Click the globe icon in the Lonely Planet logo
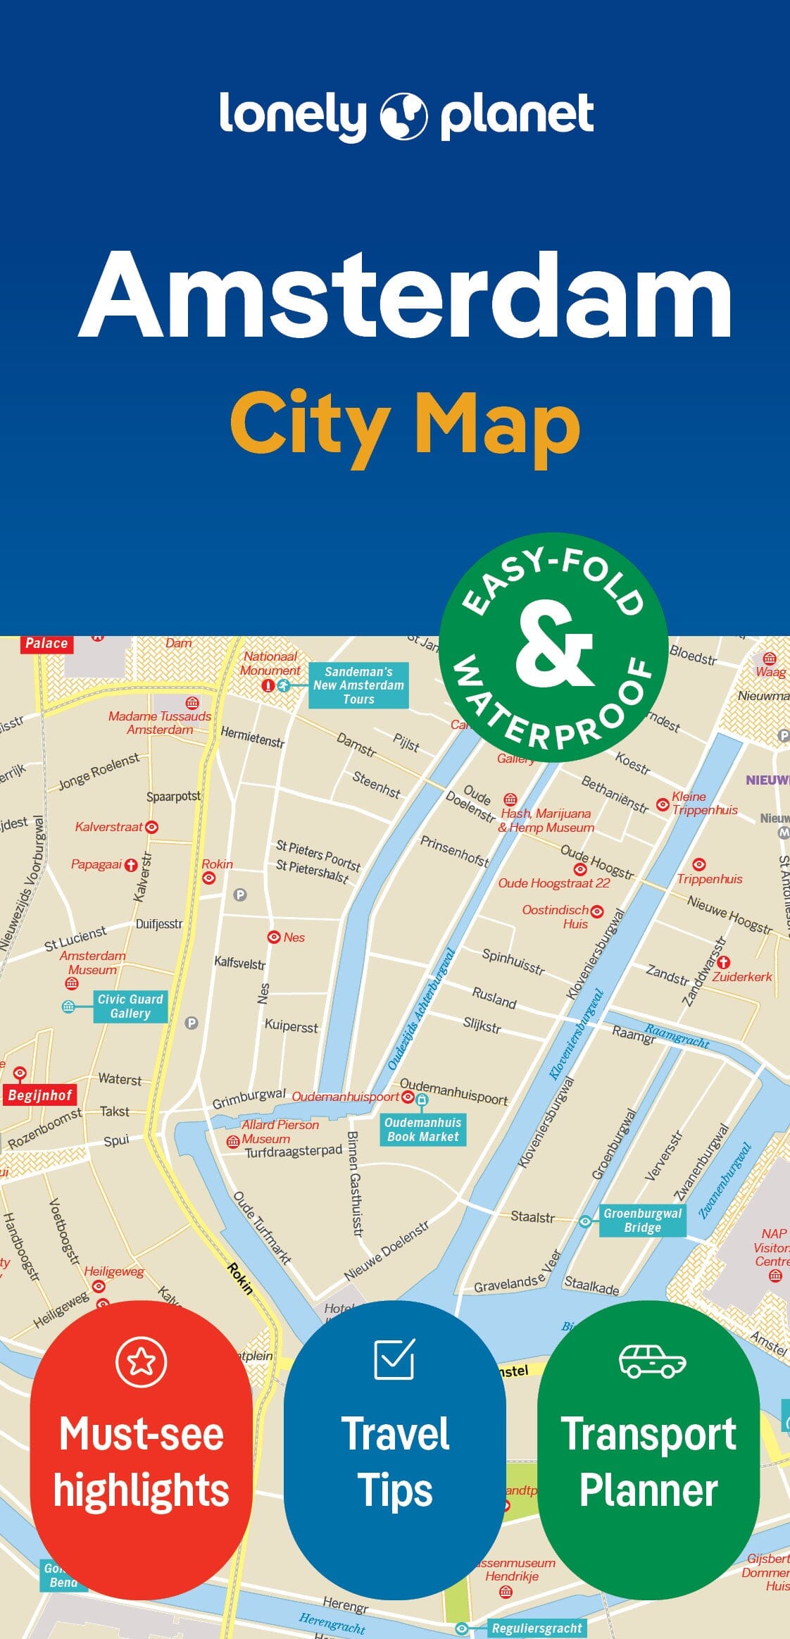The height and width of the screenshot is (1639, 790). point(404,116)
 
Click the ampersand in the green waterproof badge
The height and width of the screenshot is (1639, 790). point(554,646)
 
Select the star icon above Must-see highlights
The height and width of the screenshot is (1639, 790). point(142,1361)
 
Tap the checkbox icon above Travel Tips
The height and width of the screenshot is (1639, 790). point(394,1359)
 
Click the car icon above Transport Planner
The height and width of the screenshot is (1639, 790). point(652,1361)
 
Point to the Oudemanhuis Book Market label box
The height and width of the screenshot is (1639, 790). point(422,1129)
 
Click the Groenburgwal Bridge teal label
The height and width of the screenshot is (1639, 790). point(642,1220)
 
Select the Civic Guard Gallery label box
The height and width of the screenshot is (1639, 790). point(130,1006)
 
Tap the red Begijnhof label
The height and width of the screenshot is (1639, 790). point(40,1095)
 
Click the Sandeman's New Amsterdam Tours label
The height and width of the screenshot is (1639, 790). point(358,685)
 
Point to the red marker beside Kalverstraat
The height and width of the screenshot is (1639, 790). point(151,827)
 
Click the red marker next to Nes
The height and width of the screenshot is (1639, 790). point(274,937)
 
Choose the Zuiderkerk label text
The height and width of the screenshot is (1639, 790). point(742,977)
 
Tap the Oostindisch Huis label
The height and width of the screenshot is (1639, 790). point(556,916)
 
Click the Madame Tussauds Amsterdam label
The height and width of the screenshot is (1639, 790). point(160,723)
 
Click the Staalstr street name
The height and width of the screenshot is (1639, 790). point(532,1216)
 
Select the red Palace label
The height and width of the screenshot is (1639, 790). point(46,643)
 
